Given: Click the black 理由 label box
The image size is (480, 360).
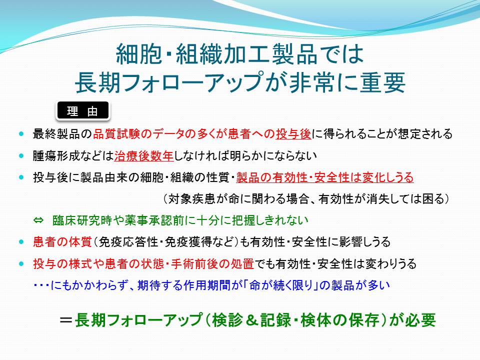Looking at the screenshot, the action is (82, 110).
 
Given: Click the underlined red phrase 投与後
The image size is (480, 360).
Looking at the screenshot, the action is (293, 134).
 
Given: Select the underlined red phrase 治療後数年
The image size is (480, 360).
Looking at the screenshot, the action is (144, 156).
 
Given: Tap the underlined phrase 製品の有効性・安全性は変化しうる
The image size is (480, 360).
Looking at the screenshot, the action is (325, 177).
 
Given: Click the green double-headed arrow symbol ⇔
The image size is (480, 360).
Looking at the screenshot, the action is (38, 220).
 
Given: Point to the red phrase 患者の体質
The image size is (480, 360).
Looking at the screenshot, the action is (62, 242).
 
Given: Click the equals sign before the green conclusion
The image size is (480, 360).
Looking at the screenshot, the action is (66, 320).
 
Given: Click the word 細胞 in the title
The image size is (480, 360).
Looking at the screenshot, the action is (138, 53).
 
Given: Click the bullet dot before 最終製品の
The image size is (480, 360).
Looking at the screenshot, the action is (21, 134).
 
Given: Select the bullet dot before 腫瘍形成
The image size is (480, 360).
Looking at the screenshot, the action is (21, 156).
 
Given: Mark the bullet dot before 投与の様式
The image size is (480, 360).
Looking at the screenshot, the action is (21, 264).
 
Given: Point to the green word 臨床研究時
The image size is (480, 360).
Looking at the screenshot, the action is (82, 220).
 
